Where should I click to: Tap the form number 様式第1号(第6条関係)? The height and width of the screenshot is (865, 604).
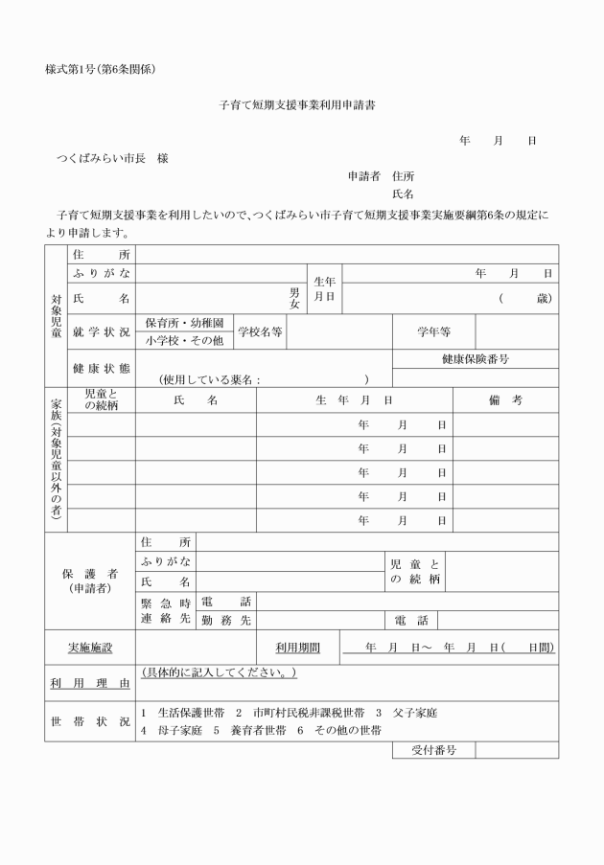100,69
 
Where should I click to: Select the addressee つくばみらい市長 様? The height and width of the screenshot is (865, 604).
113,158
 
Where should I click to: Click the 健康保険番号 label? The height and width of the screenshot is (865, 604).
475,359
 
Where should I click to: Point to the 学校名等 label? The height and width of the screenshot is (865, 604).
261,331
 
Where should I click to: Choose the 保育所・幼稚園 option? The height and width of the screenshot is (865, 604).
184,323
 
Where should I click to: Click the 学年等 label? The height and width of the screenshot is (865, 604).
433,331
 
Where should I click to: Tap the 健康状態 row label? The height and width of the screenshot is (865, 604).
100,368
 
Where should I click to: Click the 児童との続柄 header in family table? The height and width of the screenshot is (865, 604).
101,400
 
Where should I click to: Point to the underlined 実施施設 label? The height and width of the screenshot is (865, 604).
89,648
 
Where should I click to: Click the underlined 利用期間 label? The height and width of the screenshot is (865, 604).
297,648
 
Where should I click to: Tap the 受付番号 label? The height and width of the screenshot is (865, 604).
433,749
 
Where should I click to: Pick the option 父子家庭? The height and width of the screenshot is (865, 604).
413,714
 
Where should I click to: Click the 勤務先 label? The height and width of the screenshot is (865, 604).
226,621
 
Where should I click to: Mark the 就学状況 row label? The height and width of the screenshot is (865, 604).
100,331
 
